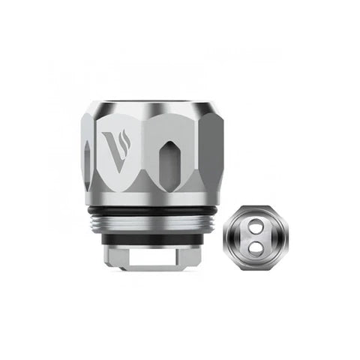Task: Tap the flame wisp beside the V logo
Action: (126, 139)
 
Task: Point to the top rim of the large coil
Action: (154, 107)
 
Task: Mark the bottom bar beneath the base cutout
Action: (153, 268)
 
